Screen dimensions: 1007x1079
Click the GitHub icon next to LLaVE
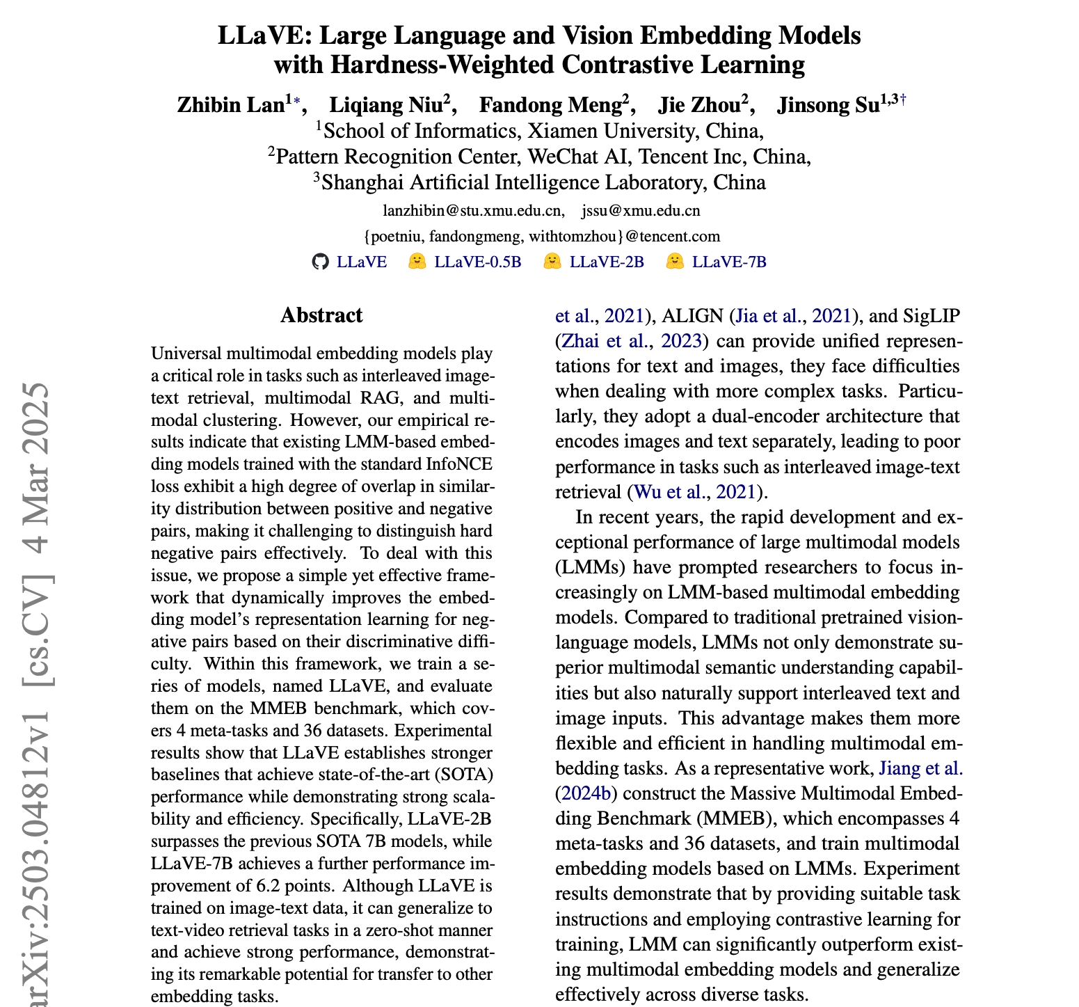tap(319, 262)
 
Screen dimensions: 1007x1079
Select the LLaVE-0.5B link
tap(477, 262)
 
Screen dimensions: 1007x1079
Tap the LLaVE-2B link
tap(607, 262)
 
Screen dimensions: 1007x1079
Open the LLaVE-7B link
tap(729, 262)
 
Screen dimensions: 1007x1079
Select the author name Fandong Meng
tap(550, 105)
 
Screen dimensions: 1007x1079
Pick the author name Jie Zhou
tap(698, 105)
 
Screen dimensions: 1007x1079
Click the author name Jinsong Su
tap(828, 105)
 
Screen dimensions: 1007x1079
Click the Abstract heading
tap(321, 315)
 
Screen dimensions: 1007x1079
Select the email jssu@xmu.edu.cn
tap(641, 210)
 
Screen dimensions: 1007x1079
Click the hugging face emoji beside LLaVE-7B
tap(675, 262)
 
